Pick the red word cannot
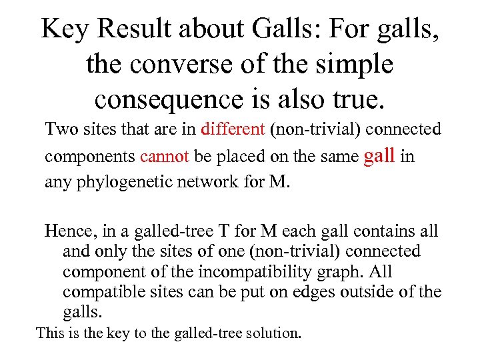[x=165, y=156]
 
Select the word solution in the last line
[x=275, y=332]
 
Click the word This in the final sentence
[x=50, y=332]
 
